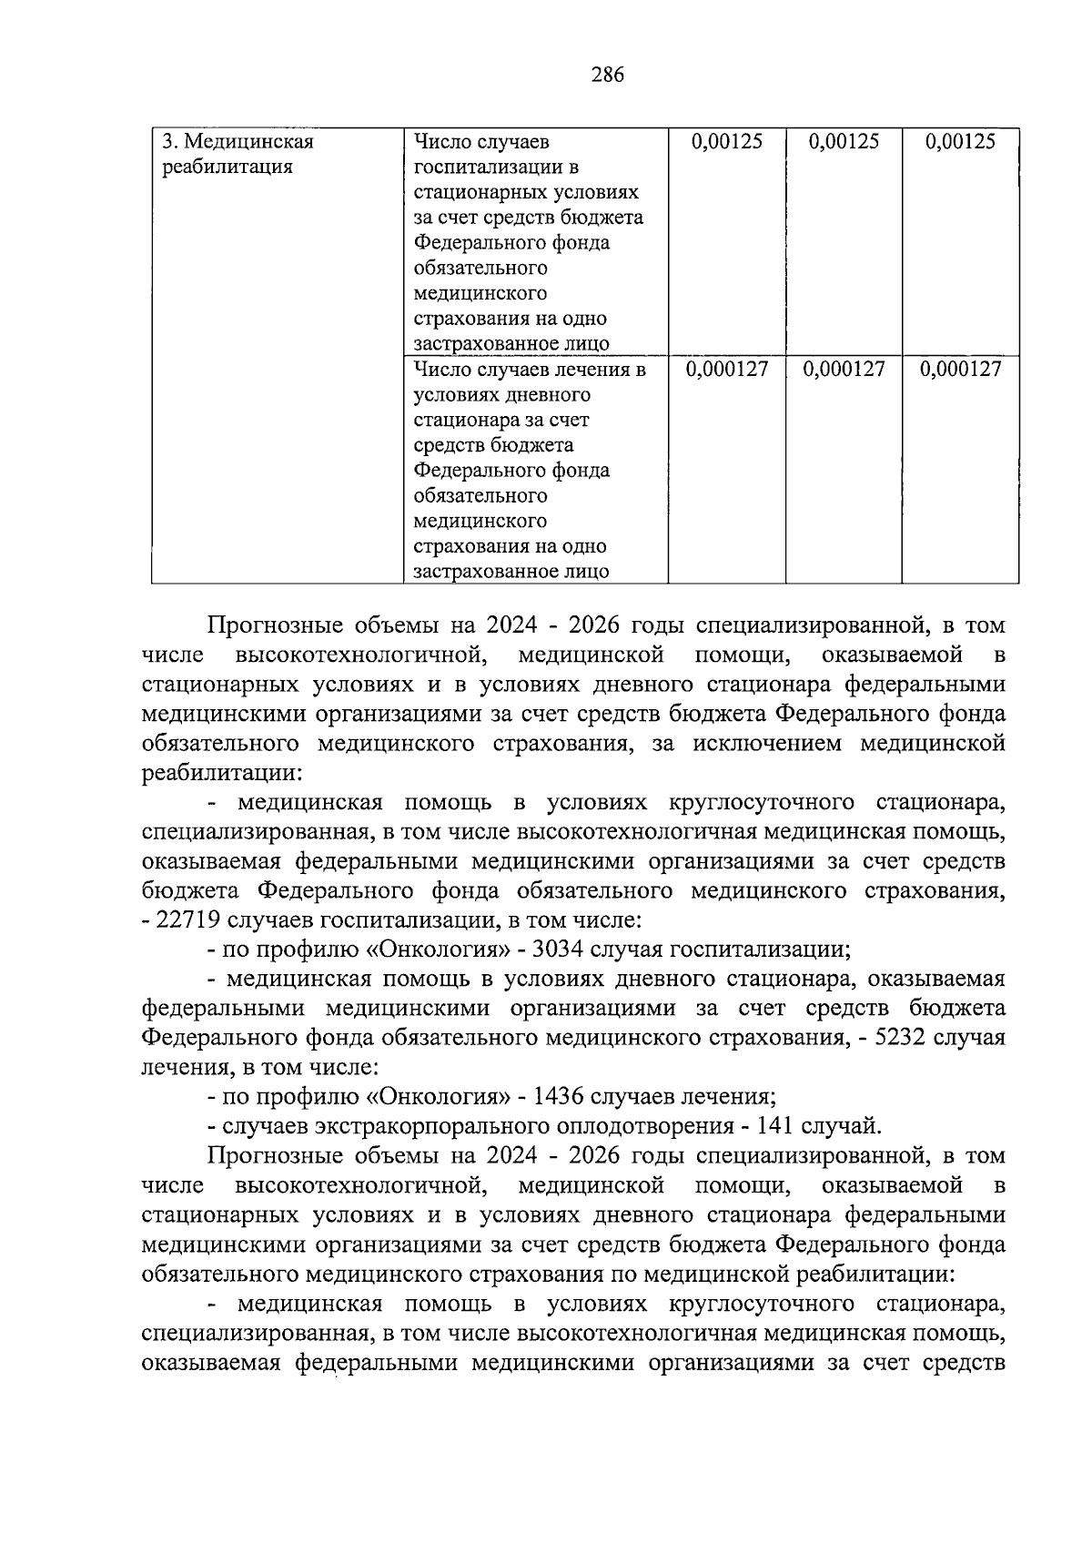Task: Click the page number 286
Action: [607, 76]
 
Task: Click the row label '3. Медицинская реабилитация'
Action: [238, 155]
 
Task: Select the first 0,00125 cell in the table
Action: [726, 142]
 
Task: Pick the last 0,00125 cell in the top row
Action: [960, 142]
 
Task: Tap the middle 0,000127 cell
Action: [844, 370]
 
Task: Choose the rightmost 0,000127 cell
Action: [960, 370]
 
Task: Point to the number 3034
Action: [558, 950]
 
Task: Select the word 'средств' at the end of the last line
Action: [964, 1363]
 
